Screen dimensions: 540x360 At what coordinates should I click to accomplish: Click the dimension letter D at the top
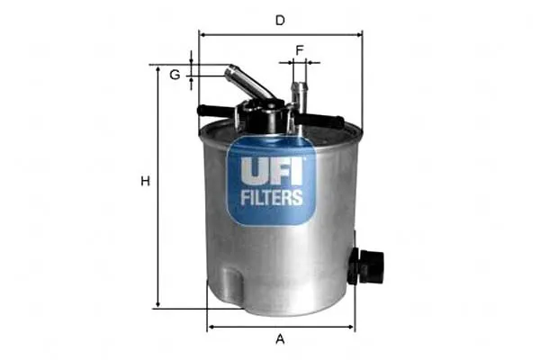click(x=280, y=21)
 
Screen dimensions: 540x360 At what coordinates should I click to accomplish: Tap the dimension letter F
click(x=300, y=50)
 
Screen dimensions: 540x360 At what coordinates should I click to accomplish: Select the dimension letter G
click(x=175, y=75)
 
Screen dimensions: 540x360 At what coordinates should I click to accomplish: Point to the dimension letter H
click(x=145, y=181)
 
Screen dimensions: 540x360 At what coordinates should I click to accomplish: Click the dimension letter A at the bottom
click(x=280, y=339)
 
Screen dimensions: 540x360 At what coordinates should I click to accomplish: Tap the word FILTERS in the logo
click(x=272, y=198)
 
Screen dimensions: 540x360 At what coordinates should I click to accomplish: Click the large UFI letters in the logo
click(x=272, y=171)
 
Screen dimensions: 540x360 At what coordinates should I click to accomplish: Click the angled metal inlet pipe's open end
click(x=230, y=71)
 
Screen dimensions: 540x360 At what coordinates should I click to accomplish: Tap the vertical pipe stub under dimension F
click(x=300, y=97)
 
